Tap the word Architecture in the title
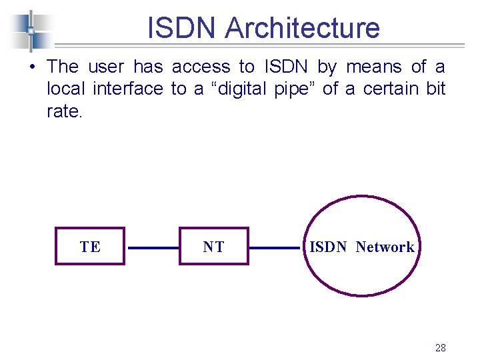click(303, 28)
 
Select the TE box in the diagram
click(90, 247)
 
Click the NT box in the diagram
click(213, 247)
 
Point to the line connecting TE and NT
click(153, 247)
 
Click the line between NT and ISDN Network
click(274, 247)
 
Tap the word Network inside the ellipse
click(385, 247)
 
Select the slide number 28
click(440, 347)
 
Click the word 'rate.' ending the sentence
click(65, 111)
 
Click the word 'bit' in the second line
click(436, 89)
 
